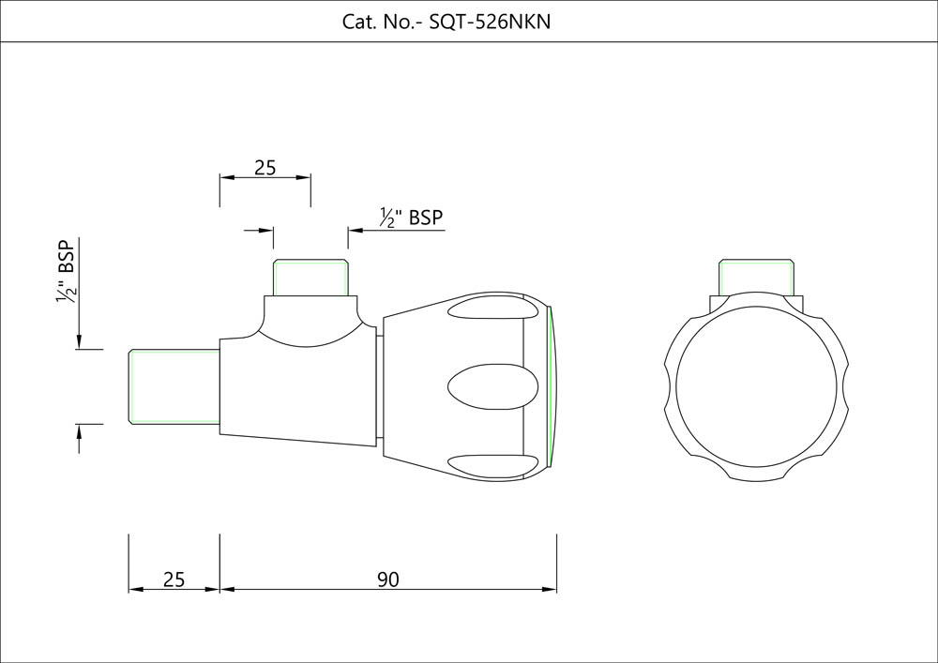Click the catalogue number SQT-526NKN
coord(491,22)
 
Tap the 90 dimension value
coord(388,580)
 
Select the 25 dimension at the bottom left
coord(174,580)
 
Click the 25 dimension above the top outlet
coord(265,168)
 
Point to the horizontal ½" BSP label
coord(412,218)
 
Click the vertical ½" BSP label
coord(66,272)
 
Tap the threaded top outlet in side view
coord(311,277)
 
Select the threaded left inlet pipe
coord(174,386)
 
